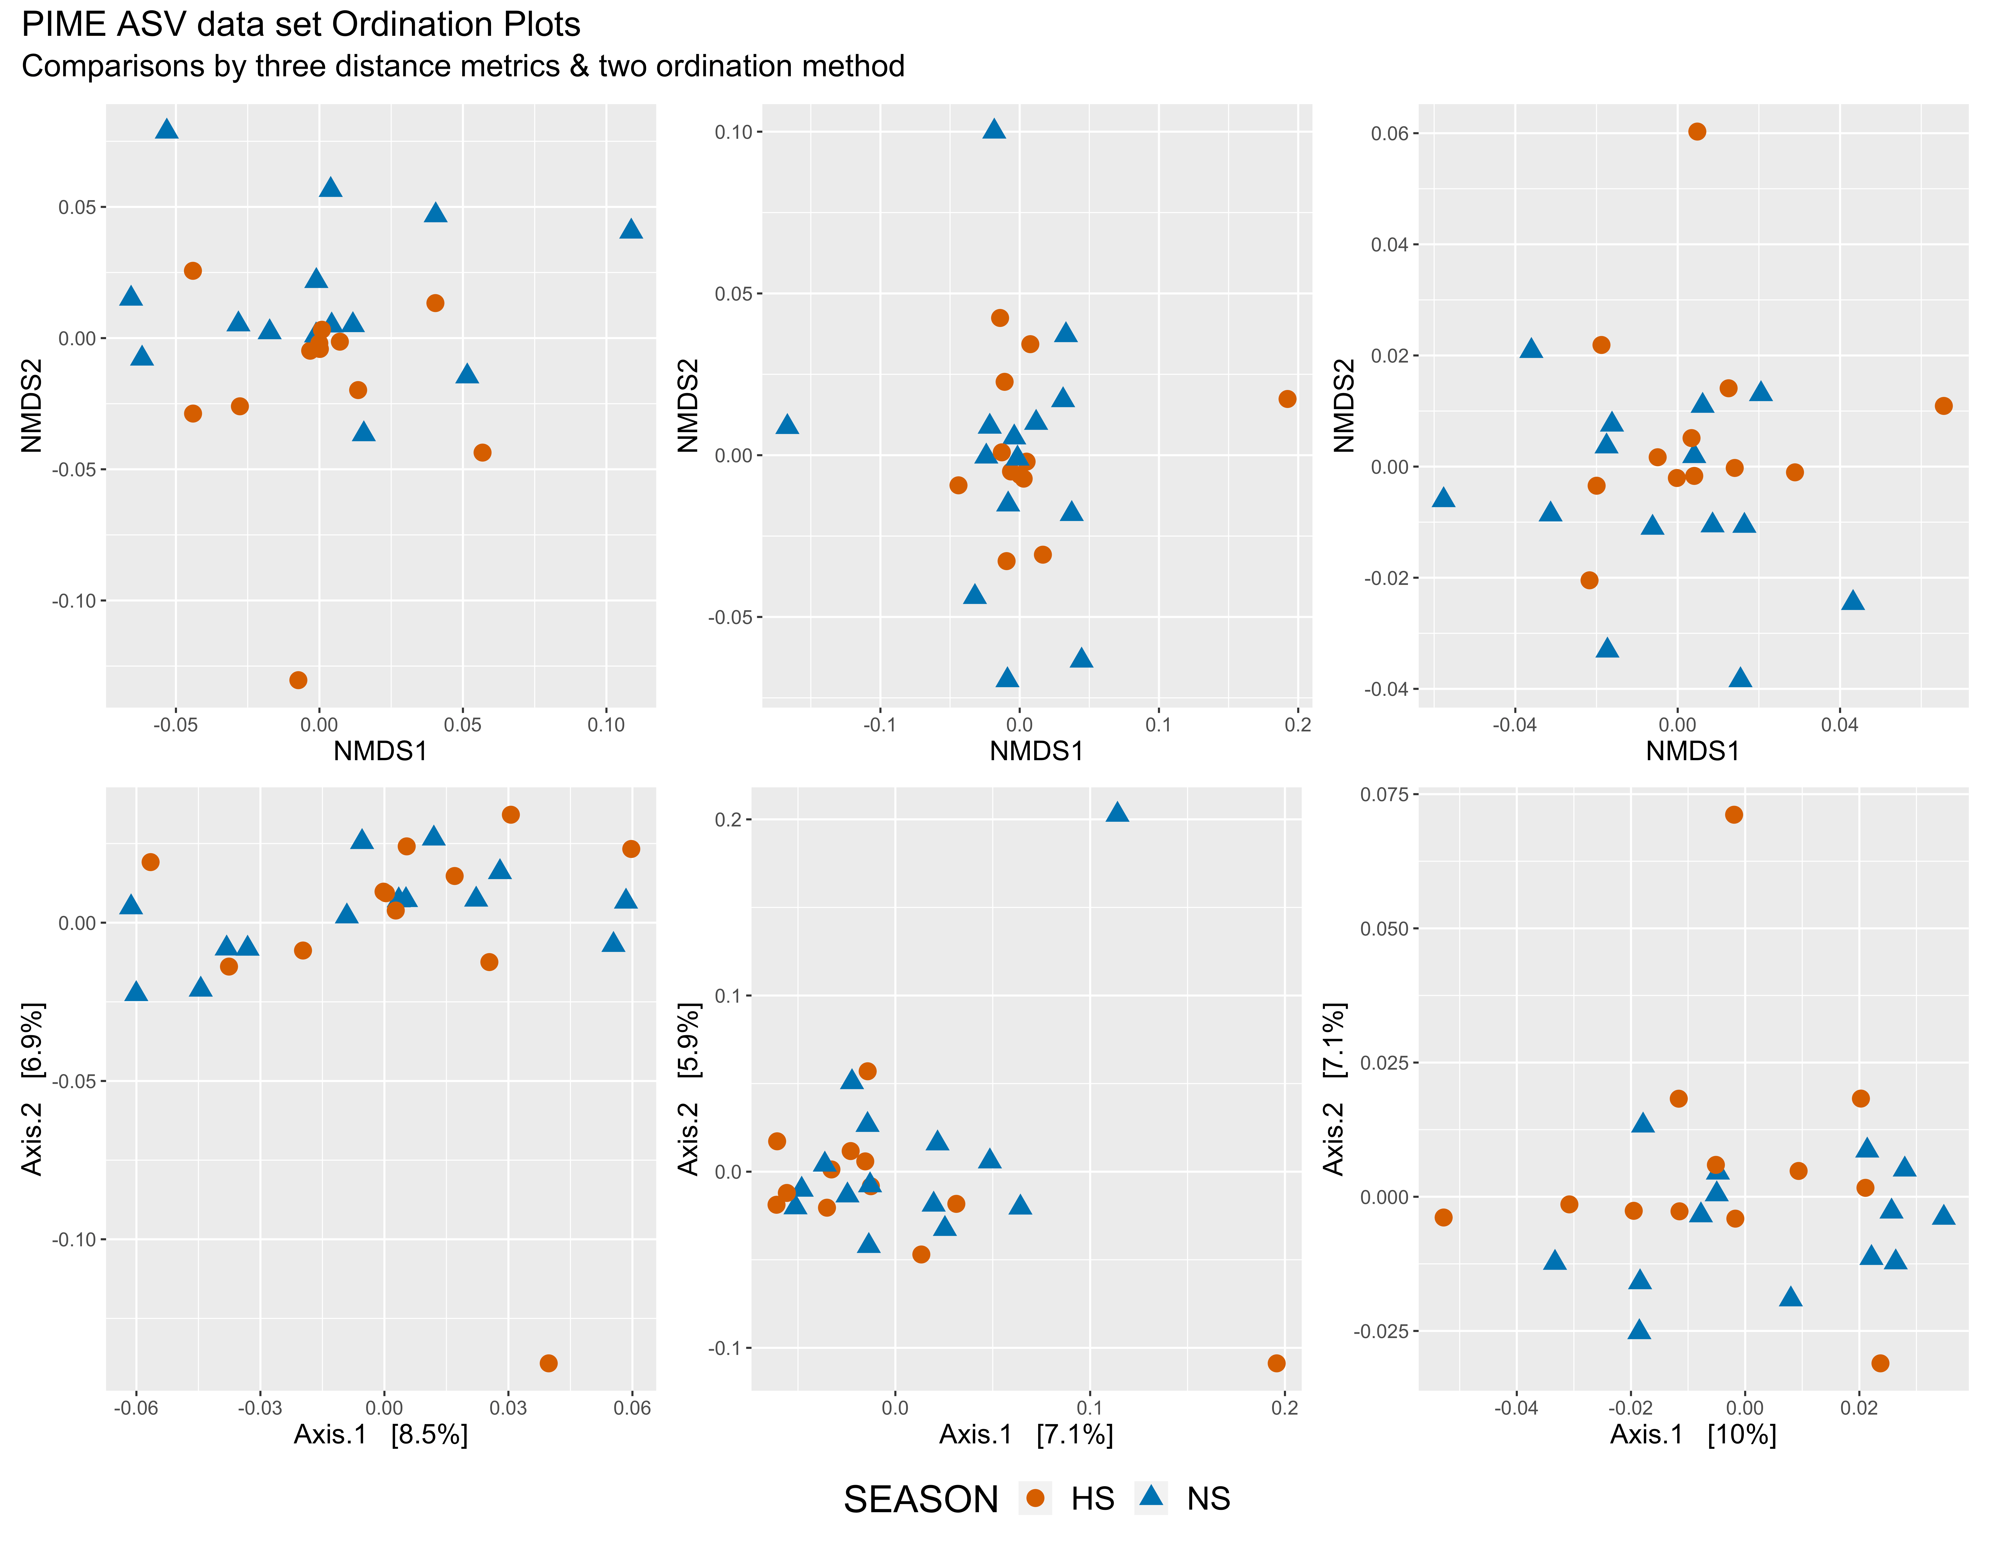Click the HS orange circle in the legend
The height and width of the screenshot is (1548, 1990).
(1035, 1499)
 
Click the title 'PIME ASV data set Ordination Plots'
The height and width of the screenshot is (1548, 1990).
(301, 25)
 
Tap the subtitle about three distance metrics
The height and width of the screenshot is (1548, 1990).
(463, 66)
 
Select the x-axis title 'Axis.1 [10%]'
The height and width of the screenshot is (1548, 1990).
(1693, 1435)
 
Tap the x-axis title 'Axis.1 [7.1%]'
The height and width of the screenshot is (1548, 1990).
(1026, 1435)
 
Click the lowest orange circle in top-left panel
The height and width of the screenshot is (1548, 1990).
(298, 680)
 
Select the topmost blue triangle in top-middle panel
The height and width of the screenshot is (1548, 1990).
(994, 128)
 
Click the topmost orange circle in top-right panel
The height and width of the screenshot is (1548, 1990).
(1697, 131)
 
